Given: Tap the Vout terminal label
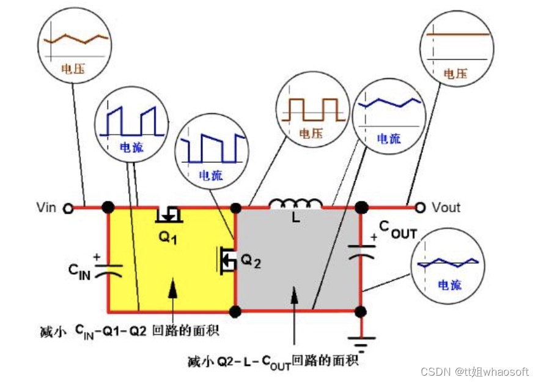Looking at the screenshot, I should pyautogui.click(x=446, y=207).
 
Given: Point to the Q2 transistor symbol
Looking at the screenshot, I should pyautogui.click(x=226, y=259).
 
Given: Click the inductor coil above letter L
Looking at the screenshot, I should pyautogui.click(x=296, y=203).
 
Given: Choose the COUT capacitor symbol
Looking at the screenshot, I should pyautogui.click(x=360, y=253).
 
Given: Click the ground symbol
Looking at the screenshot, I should pyautogui.click(x=360, y=343).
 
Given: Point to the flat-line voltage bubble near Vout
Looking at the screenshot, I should pyautogui.click(x=456, y=48).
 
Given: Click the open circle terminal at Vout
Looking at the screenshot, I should pyautogui.click(x=420, y=207).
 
